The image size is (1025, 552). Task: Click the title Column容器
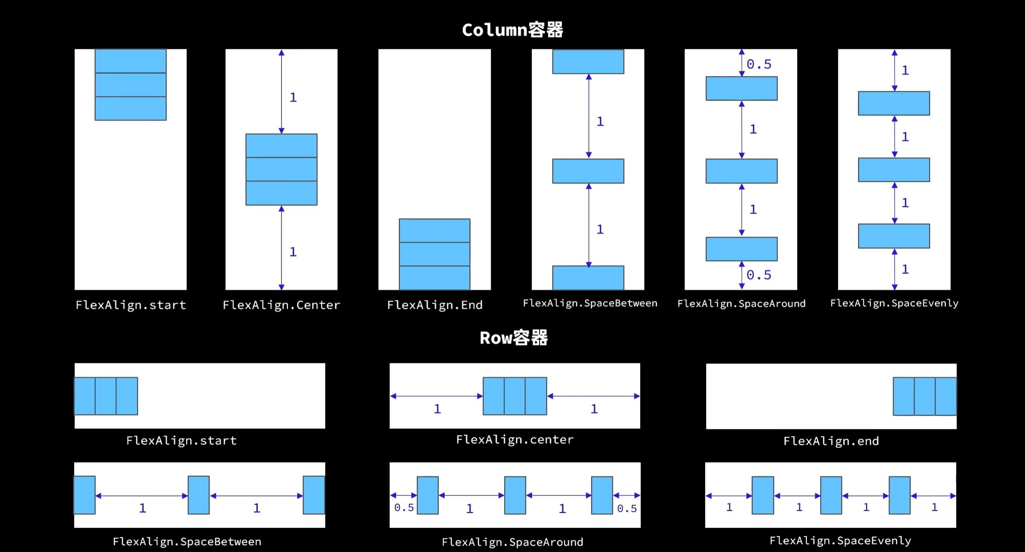[x=512, y=30]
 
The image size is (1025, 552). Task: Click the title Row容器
[x=514, y=338]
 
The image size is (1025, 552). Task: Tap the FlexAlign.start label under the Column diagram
[x=131, y=305]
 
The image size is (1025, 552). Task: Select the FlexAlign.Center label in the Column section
[x=281, y=305]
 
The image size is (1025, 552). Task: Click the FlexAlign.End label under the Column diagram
[x=435, y=305]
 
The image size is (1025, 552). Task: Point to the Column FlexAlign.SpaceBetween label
[x=590, y=303]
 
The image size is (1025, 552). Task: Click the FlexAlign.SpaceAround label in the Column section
[x=742, y=304]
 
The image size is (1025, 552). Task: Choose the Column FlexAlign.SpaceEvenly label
[x=894, y=303]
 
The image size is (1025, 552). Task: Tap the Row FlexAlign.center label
[x=515, y=440]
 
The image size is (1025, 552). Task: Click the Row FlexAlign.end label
[x=831, y=441]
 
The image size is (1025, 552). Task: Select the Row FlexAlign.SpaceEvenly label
[x=840, y=541]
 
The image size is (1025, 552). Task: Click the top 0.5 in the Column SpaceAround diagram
[x=759, y=64]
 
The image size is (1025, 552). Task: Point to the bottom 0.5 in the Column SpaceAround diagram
[x=759, y=275]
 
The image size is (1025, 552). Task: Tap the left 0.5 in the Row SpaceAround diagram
[x=404, y=508]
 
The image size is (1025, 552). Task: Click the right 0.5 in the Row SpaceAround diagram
[x=627, y=509]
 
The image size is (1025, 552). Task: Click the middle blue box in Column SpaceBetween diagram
[x=588, y=171]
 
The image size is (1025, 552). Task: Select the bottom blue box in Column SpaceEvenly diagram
[x=894, y=236]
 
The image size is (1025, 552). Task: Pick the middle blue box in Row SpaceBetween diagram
[x=199, y=495]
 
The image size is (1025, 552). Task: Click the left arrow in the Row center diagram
[x=436, y=396]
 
